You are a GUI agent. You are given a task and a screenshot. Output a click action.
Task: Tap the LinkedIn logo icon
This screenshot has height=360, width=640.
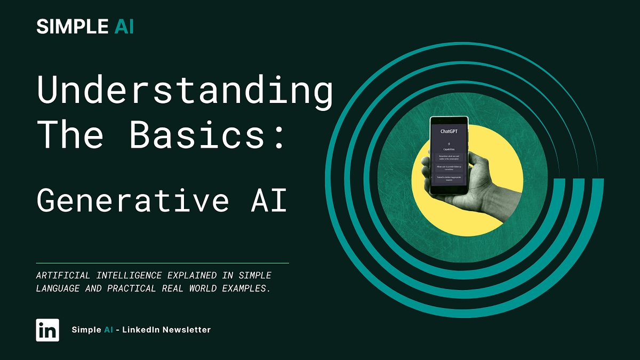(x=47, y=330)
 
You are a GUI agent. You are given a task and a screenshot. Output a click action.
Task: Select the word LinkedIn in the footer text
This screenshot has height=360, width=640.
(x=141, y=330)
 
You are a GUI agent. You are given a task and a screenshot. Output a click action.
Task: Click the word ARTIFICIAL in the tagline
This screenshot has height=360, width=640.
(x=63, y=276)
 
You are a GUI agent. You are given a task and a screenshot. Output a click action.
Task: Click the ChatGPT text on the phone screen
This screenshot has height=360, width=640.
(x=450, y=131)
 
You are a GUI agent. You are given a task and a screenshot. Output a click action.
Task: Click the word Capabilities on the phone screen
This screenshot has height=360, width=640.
(x=450, y=149)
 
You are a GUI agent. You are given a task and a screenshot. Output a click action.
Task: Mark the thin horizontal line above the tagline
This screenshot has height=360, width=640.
(x=162, y=263)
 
